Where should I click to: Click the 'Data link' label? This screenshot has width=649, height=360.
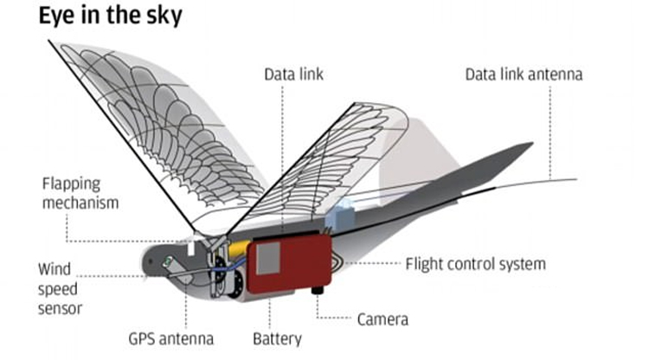pyautogui.click(x=293, y=74)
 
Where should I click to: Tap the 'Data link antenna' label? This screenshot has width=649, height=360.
pyautogui.click(x=524, y=74)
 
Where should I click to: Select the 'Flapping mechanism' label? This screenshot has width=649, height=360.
pyautogui.click(x=80, y=193)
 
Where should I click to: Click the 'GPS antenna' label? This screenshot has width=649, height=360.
pyautogui.click(x=173, y=338)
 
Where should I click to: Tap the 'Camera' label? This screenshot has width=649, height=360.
pyautogui.click(x=382, y=319)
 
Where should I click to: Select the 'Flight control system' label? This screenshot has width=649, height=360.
pyautogui.click(x=476, y=263)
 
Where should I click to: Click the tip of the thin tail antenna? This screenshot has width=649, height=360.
pyautogui.click(x=575, y=180)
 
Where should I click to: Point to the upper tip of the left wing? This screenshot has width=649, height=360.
pyautogui.click(x=50, y=41)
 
